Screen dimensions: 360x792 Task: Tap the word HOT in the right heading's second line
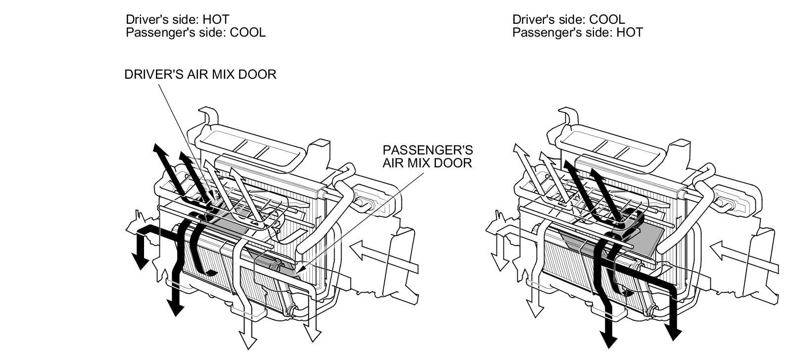(630, 32)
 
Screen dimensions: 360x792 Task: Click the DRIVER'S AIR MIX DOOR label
(200, 74)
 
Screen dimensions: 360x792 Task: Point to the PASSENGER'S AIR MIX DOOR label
(427, 156)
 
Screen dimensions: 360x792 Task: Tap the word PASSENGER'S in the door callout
(428, 150)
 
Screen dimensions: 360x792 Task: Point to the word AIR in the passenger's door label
(394, 162)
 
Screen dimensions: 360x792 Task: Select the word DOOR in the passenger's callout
(454, 162)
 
